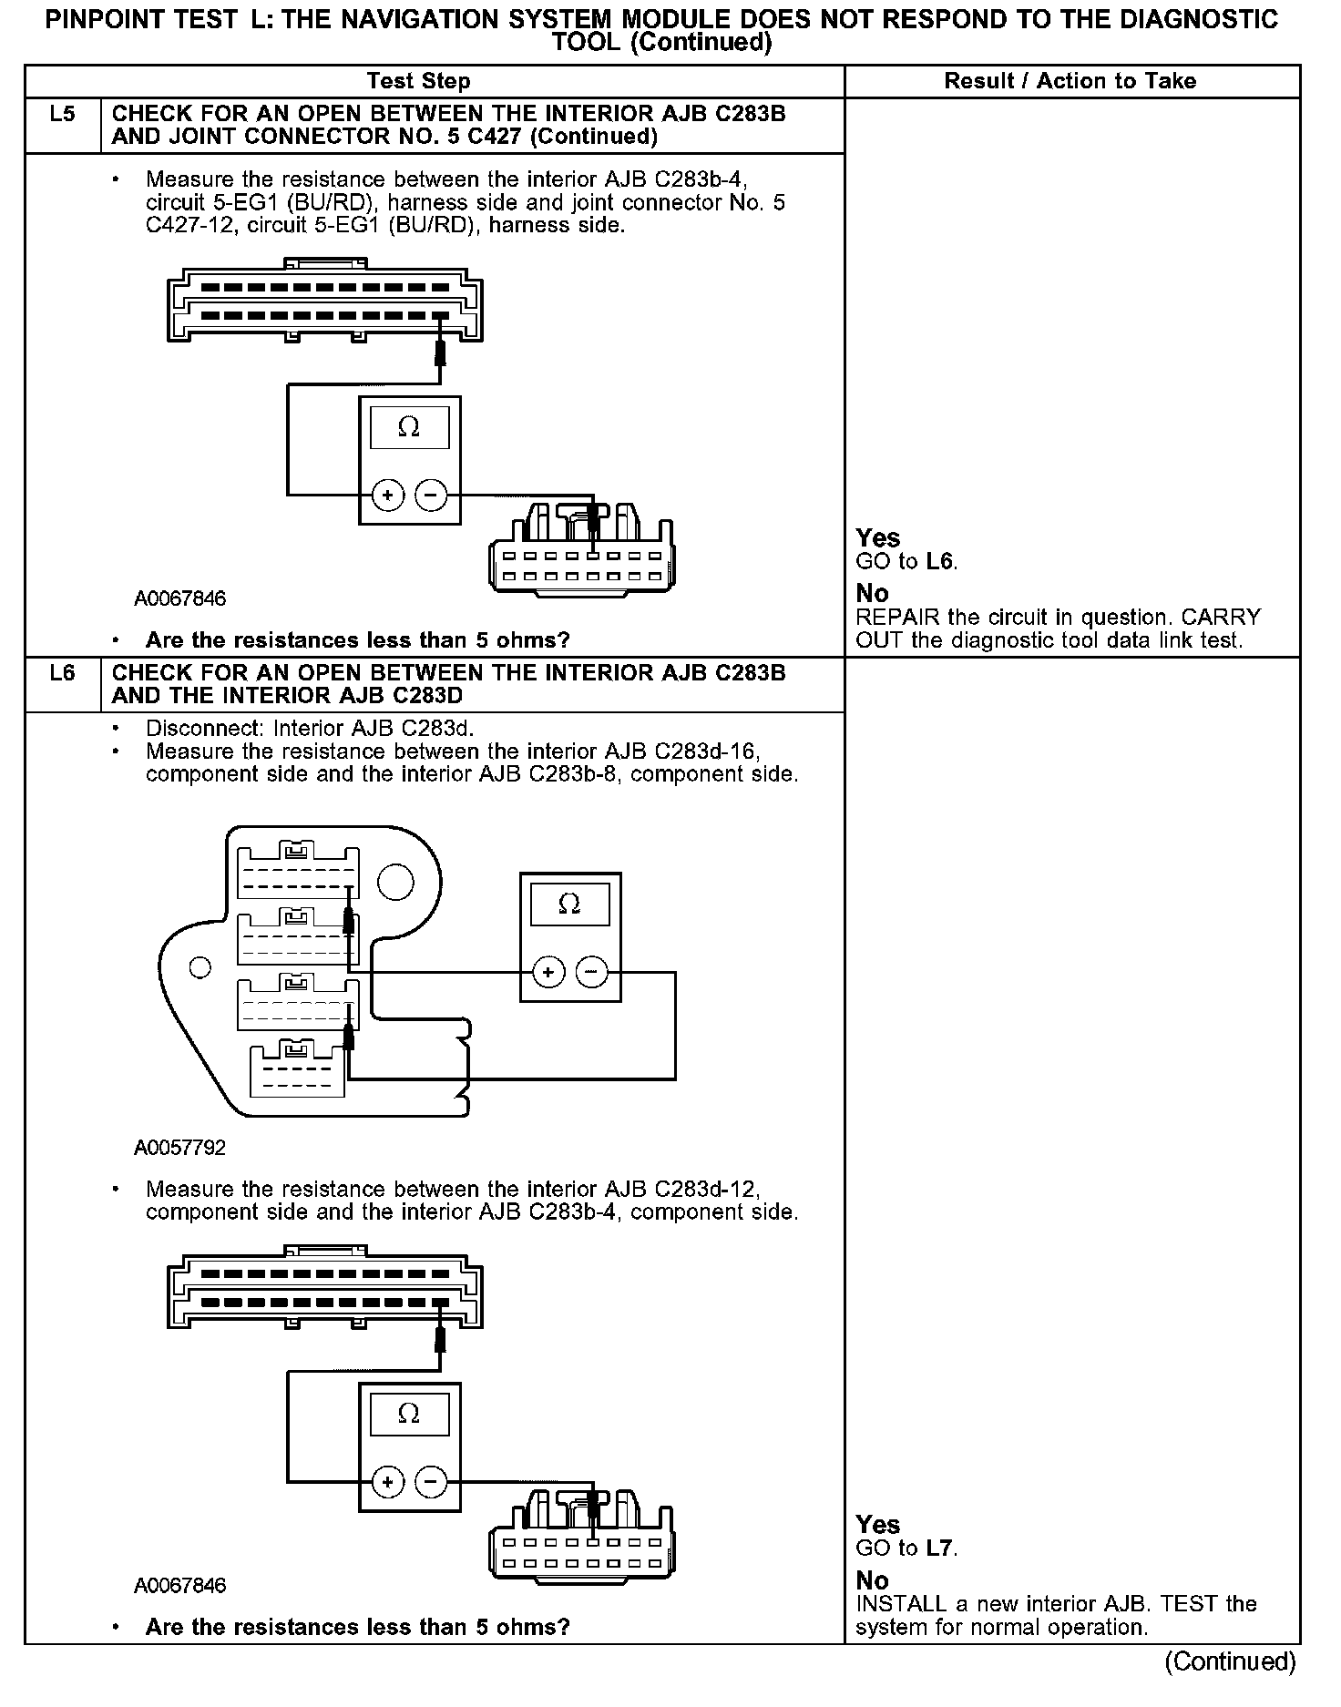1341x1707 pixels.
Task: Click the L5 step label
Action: pyautogui.click(x=62, y=115)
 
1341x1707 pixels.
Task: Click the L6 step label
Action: pyautogui.click(x=62, y=674)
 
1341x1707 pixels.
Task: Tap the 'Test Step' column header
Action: pyautogui.click(x=418, y=81)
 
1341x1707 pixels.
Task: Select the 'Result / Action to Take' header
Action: pyautogui.click(x=1070, y=81)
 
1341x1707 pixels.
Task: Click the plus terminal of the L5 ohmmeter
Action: pyautogui.click(x=388, y=496)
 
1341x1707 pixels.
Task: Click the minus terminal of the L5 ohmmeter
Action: pyautogui.click(x=431, y=496)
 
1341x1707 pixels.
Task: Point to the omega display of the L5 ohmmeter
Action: pyautogui.click(x=409, y=427)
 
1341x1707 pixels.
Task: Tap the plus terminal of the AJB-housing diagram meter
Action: pyautogui.click(x=548, y=973)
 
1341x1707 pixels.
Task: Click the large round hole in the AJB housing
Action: pyautogui.click(x=395, y=881)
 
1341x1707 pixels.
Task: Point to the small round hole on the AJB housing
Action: pyautogui.click(x=200, y=966)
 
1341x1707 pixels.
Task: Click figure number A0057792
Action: pyautogui.click(x=179, y=1148)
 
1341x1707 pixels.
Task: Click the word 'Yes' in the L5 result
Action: pyautogui.click(x=877, y=538)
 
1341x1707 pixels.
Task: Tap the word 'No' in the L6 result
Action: pyautogui.click(x=872, y=1580)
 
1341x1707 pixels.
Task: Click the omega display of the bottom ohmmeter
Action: pyautogui.click(x=409, y=1414)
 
